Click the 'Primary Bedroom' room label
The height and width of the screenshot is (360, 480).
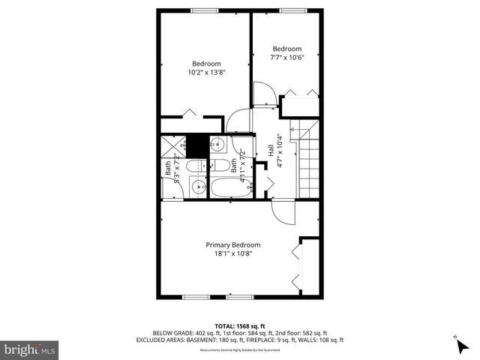coord(233,244)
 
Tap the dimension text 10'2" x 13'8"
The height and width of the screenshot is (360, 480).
coord(206,73)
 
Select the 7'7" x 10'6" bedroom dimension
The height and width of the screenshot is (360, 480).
coord(286,57)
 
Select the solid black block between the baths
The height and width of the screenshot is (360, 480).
coord(196,144)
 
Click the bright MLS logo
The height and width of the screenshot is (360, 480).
coord(29,349)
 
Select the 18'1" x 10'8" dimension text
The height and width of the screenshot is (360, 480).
coord(233,255)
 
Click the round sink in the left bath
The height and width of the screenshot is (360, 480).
coord(199,187)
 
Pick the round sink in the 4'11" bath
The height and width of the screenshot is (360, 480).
coord(219,144)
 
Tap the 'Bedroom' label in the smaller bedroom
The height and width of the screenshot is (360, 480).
coord(286,49)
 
